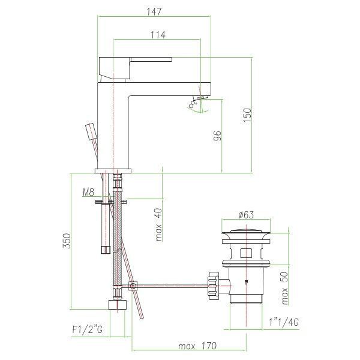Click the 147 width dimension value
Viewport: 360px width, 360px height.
tap(154, 11)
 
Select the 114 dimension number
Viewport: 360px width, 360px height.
tap(158, 35)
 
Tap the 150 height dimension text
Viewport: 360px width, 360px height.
tap(247, 115)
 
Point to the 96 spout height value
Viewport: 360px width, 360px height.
tap(217, 136)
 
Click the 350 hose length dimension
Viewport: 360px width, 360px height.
tap(67, 241)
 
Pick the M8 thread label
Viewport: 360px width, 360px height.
tap(89, 192)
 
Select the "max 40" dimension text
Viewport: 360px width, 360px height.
tap(158, 224)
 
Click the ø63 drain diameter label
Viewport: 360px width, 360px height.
tap(246, 215)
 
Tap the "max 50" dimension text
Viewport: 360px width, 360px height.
tap(284, 289)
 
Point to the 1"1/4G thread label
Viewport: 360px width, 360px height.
tap(284, 322)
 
